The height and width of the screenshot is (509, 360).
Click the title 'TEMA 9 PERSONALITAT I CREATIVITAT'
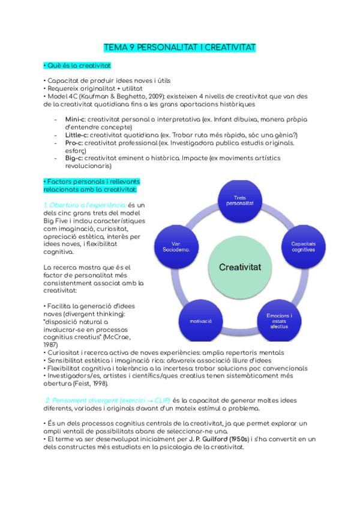point(180,46)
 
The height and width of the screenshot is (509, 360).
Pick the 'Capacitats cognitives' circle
point(303,246)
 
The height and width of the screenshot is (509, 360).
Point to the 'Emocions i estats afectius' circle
point(279,320)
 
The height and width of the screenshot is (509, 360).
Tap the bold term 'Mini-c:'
point(76,119)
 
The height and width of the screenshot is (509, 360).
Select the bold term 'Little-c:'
point(77,135)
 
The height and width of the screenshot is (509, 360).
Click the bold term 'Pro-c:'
point(75,143)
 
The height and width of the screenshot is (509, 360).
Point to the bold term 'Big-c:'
point(74,158)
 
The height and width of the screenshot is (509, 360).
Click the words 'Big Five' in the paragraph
point(57,221)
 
